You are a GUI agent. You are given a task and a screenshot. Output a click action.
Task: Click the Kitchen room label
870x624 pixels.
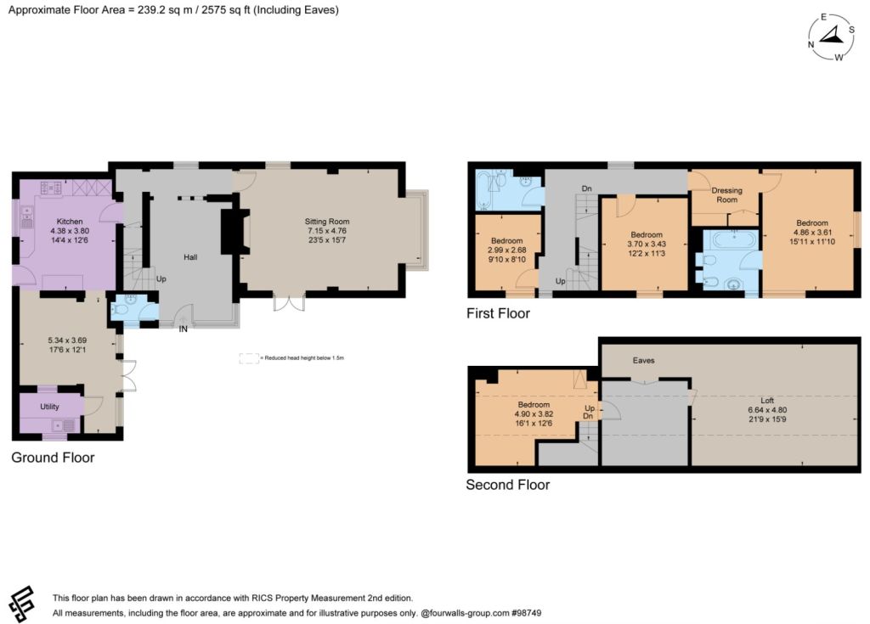click(70, 222)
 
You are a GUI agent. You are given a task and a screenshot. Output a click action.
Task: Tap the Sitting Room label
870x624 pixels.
click(327, 222)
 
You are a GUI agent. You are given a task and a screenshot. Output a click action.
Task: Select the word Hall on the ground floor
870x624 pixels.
click(190, 257)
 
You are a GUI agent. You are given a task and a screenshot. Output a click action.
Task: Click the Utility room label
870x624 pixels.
click(49, 407)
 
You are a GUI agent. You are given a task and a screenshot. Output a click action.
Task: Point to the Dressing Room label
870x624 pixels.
click(727, 194)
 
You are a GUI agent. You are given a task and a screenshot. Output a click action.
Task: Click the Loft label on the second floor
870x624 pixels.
click(767, 401)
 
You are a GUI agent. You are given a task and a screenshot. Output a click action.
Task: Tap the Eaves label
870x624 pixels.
click(644, 361)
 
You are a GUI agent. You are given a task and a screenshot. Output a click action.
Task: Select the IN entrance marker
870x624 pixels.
click(184, 329)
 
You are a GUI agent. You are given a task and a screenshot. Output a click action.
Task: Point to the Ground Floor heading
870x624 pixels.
click(53, 458)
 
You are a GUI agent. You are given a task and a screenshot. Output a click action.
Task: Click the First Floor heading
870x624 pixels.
click(498, 313)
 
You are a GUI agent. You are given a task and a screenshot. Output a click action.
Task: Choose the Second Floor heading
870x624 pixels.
click(508, 485)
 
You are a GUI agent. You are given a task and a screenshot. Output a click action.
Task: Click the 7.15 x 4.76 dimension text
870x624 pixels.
click(327, 231)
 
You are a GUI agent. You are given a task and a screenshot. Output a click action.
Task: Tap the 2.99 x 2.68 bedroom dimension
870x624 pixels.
click(507, 250)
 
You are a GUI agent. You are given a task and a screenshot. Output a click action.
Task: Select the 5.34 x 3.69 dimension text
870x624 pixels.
click(67, 340)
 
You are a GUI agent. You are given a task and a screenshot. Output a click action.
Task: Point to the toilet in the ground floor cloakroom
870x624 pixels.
click(118, 311)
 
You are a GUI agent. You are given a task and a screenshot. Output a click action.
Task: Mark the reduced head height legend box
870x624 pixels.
click(249, 358)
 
